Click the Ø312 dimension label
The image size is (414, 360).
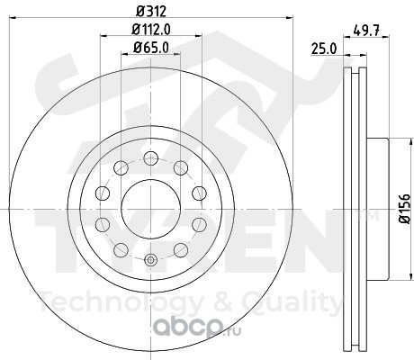click(x=151, y=12)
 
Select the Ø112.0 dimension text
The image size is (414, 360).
click(x=151, y=30)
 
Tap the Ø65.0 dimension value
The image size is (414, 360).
click(x=151, y=48)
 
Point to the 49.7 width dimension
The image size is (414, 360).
click(x=366, y=31)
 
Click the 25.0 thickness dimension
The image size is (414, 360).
click(x=324, y=49)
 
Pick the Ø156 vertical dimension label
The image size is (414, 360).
click(x=405, y=209)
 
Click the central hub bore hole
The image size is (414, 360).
click(x=151, y=209)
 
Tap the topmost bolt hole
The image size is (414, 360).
click(x=151, y=158)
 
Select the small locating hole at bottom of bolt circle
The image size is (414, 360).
click(x=150, y=260)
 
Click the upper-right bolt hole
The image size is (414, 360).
click(x=181, y=168)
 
